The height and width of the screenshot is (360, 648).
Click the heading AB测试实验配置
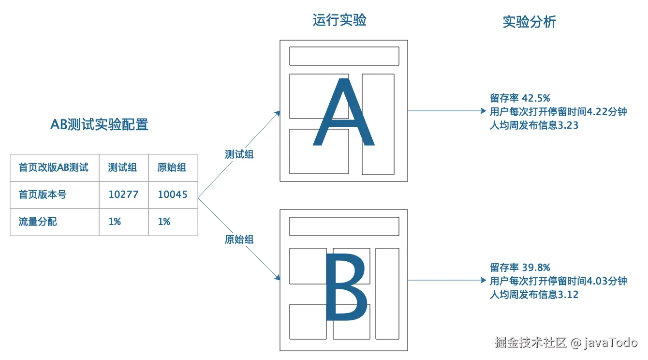(99, 124)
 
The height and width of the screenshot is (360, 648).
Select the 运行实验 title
(339, 20)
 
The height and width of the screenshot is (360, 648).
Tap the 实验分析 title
(529, 22)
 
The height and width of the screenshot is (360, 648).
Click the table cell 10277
(123, 195)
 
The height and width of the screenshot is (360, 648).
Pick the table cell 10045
(173, 195)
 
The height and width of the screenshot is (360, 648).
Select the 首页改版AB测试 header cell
(54, 167)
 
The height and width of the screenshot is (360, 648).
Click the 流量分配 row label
(38, 222)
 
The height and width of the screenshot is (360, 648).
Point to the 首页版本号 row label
(43, 195)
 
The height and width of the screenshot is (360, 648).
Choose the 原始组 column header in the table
(172, 167)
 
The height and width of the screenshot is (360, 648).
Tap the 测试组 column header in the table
(122, 167)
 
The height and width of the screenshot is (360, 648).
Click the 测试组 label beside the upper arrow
(239, 154)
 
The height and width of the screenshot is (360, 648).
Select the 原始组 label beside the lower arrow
(239, 240)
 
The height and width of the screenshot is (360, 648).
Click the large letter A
(343, 114)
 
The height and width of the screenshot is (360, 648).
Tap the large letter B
(346, 289)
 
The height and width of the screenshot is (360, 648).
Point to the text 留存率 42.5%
(520, 98)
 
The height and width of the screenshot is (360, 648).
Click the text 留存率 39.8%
(520, 268)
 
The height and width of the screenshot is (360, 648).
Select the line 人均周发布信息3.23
(534, 125)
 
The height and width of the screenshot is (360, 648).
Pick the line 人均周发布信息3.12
(534, 295)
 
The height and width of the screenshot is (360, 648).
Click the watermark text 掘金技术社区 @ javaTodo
(566, 343)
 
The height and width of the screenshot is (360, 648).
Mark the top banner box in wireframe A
(344, 56)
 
